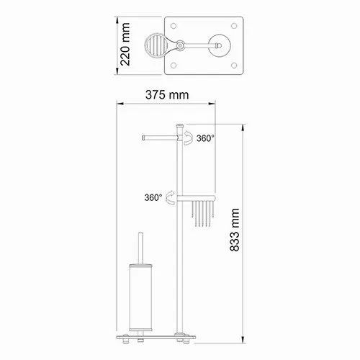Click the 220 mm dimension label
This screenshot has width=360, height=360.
click(x=125, y=45)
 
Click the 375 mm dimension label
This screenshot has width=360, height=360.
click(x=167, y=95)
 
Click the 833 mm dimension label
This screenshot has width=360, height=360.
click(x=235, y=230)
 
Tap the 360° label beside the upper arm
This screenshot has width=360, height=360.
click(x=205, y=138)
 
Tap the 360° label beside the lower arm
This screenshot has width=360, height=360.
click(x=153, y=197)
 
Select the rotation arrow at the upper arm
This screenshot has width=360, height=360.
click(x=189, y=138)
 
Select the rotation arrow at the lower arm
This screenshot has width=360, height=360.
click(x=171, y=197)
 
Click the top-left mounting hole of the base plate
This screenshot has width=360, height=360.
click(x=174, y=26)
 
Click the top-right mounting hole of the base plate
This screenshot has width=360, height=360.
click(x=234, y=26)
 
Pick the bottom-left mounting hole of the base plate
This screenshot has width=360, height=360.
click(x=174, y=66)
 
